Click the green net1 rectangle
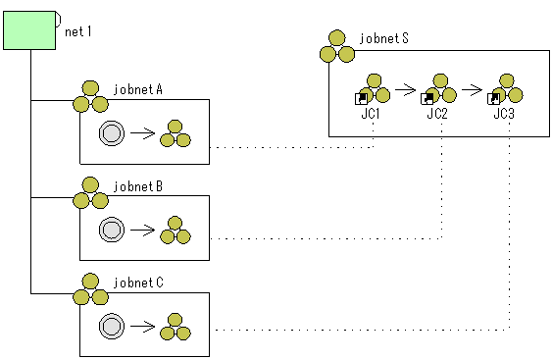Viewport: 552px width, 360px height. pos(30,28)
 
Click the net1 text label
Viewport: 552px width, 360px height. pos(78,31)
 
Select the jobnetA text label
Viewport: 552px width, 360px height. pos(138,89)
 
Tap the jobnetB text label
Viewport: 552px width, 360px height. pos(138,185)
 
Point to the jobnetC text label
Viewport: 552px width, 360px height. pos(138,283)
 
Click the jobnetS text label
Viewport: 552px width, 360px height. pos(384,39)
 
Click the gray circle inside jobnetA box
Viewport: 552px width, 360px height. pos(112,132)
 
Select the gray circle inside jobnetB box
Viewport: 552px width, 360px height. pos(112,230)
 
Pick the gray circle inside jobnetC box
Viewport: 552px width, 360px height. pos(112,327)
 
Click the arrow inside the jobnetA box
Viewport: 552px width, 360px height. pos(142,132)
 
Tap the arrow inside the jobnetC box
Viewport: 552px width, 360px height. pos(142,327)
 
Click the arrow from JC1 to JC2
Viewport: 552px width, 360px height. pos(406,94)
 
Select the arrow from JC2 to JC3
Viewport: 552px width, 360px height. pos(473,94)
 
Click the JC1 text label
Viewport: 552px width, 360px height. pos(370,114)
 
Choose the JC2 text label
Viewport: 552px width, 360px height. pos(437,114)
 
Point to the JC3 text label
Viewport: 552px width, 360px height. pos(504,114)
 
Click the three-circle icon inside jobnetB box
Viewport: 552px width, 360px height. pos(176,230)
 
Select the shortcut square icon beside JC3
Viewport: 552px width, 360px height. pos(494,98)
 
